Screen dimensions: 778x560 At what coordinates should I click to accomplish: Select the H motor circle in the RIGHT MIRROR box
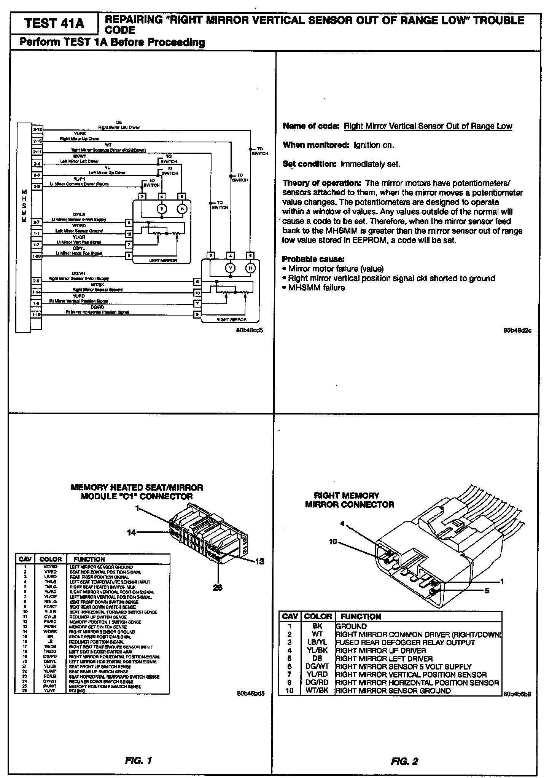pos(250,268)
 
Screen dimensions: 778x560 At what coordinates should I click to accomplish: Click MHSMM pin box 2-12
pos(37,129)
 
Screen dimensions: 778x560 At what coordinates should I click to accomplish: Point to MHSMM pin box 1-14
pos(37,292)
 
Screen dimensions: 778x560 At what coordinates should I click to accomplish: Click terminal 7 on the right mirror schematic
pos(197,303)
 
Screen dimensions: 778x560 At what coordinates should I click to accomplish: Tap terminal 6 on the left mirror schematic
pos(129,222)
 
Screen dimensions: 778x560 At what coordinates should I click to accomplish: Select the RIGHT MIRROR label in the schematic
pos(231,320)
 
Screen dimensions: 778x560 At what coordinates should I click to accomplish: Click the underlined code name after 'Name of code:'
pos(428,126)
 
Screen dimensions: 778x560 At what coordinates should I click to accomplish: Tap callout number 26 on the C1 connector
pos(217,587)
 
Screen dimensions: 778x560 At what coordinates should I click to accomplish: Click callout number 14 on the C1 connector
pos(131,532)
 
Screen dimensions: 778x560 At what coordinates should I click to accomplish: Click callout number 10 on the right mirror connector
pos(333,542)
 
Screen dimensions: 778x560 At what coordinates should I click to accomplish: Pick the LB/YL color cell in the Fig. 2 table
pos(317,642)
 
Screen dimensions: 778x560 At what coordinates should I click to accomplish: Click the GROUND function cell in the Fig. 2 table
pos(352,627)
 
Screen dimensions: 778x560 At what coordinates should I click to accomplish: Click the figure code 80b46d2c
pos(517,330)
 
